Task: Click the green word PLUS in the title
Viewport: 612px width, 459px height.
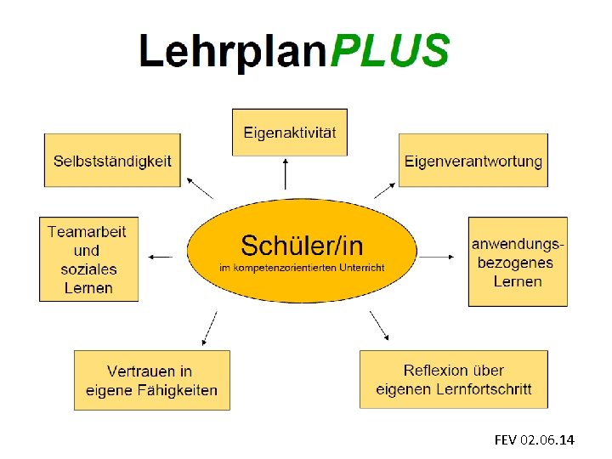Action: coord(389,51)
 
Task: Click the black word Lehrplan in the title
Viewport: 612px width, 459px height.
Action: coord(235,53)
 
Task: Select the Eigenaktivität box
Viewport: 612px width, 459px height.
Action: coord(290,132)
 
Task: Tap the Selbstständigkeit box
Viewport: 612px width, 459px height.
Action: coord(112,160)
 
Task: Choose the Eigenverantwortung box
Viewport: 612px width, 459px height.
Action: coord(473,160)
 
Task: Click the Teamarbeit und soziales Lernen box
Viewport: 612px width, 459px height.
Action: coord(88,259)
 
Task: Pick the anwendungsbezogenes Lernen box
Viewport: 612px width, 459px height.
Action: coord(518,262)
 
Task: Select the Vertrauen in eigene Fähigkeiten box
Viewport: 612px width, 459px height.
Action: coord(152,380)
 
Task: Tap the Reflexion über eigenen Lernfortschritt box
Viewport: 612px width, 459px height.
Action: coord(454,379)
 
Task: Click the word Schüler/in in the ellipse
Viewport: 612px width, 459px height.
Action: coord(302,246)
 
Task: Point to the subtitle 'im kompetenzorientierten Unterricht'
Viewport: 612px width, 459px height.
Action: coord(302,268)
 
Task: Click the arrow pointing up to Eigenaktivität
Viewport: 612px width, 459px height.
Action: coord(286,176)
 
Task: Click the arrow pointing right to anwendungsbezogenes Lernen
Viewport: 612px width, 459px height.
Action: coord(440,255)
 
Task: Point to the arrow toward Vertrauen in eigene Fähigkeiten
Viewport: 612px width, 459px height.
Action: coord(209,328)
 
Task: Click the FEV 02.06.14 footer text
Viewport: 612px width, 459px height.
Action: coord(534,439)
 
